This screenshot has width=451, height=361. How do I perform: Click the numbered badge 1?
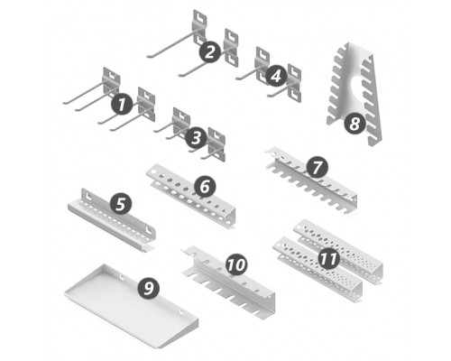click(x=122, y=105)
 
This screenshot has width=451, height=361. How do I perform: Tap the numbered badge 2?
click(x=210, y=51)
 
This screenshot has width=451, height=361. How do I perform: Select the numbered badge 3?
click(x=197, y=138)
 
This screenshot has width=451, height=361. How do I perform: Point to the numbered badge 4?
click(x=276, y=76)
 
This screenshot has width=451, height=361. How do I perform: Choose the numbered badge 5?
click(x=121, y=204)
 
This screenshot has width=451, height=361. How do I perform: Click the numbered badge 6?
click(x=205, y=187)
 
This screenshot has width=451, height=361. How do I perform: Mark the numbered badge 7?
click(x=317, y=167)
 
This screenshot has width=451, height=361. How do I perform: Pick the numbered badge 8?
click(x=354, y=123)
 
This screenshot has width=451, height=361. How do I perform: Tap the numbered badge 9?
click(x=149, y=288)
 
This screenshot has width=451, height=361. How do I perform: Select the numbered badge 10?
click(x=236, y=264)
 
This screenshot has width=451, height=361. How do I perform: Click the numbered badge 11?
click(x=328, y=258)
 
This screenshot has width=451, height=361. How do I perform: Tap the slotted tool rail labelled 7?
click(x=313, y=183)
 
